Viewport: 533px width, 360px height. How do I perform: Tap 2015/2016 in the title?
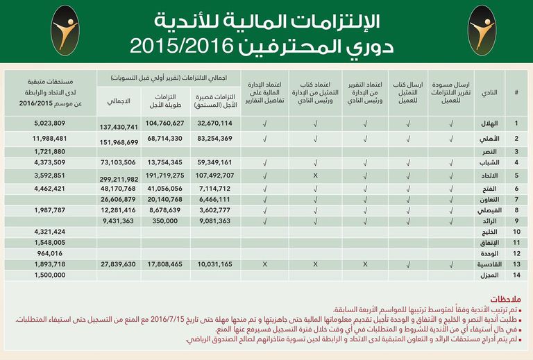(188, 46)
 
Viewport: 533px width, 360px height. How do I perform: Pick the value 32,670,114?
(214, 123)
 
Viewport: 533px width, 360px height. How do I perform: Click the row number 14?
(516, 275)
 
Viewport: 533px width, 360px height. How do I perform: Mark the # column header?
(516, 92)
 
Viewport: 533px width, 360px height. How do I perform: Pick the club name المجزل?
(489, 275)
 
